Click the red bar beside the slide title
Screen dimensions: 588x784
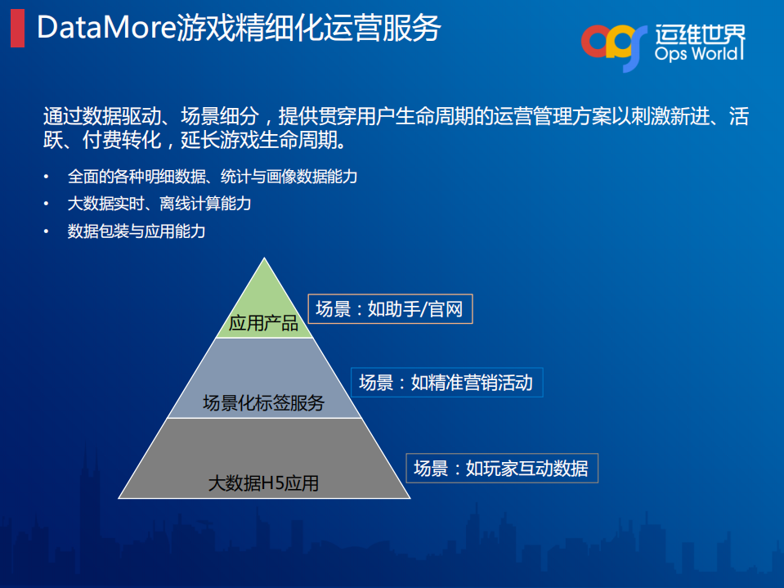[17, 29]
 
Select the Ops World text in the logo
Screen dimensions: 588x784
[699, 54]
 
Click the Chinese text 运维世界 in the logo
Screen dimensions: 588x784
[700, 33]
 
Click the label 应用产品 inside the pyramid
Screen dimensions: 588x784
[263, 324]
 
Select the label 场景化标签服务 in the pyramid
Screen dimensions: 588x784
[263, 402]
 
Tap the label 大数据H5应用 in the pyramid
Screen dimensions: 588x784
[263, 483]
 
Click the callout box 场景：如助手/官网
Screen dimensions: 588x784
[390, 309]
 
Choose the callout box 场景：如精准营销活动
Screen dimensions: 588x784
[446, 382]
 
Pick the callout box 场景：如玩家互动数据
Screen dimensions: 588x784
[500, 469]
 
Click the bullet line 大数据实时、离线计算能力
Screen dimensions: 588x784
[159, 204]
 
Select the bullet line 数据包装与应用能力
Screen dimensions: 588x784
[137, 231]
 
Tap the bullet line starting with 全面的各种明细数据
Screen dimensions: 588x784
[212, 177]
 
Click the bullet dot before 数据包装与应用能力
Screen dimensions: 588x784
[47, 232]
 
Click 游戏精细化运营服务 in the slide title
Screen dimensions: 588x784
[308, 29]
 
